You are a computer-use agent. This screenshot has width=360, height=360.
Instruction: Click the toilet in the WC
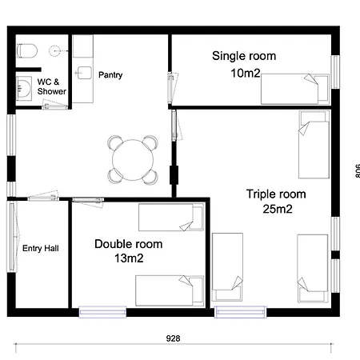pos(27,51)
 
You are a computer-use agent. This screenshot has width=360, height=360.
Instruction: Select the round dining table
pos(133,160)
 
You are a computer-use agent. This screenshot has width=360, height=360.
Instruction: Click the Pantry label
pos(110,75)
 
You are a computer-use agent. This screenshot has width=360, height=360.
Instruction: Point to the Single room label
pos(244,56)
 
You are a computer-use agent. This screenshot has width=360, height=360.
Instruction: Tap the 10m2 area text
pos(246,73)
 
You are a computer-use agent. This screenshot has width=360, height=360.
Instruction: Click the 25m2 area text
pos(278,209)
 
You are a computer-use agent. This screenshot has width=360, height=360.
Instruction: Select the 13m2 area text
pos(129,258)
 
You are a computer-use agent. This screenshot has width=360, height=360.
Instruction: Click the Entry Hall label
pos(41,249)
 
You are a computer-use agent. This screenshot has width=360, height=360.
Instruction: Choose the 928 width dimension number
pos(173,338)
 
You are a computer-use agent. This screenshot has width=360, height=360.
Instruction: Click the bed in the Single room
pos(295,89)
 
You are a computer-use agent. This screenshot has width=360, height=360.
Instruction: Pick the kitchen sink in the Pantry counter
pos(85,73)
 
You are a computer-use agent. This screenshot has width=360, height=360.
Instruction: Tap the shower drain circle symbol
pos(54,50)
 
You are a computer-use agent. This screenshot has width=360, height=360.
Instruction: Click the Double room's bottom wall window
pos(102,312)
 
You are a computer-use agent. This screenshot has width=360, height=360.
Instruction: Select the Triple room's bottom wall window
pos(240,312)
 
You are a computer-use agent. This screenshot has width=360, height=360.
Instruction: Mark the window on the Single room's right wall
pos(335,72)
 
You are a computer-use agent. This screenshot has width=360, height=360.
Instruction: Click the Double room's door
pos(88,202)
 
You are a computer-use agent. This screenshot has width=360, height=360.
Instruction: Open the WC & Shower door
pos(54,105)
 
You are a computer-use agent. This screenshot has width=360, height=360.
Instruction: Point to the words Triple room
pos(276,194)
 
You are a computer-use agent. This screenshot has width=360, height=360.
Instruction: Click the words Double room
pos(129,244)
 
